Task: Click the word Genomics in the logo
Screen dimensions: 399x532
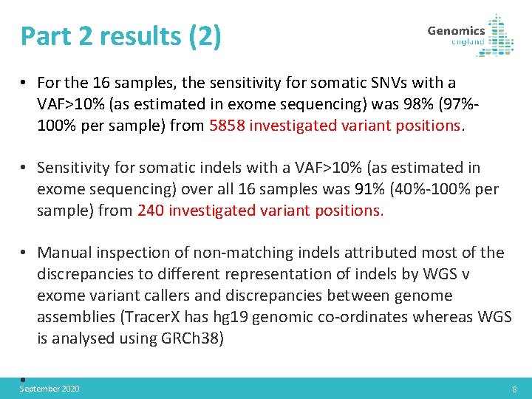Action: point(456,30)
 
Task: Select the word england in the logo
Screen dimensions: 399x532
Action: point(468,42)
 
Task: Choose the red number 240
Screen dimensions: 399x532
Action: point(151,210)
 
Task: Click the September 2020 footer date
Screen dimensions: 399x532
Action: point(50,389)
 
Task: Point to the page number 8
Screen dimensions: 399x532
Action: point(514,389)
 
